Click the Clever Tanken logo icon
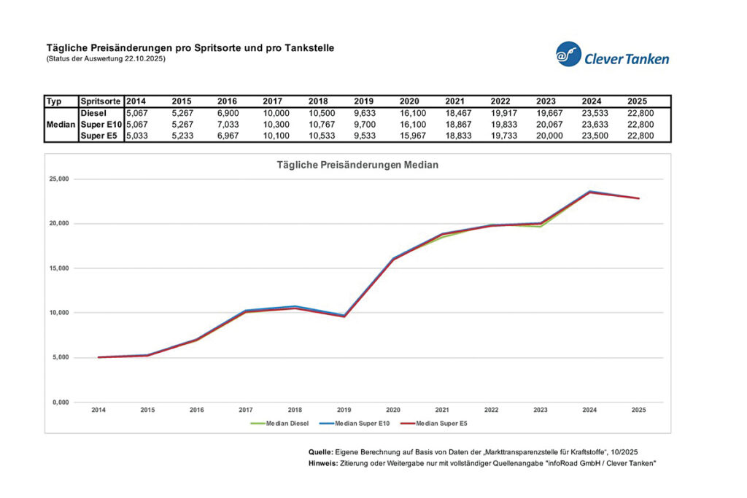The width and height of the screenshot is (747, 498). (568, 54)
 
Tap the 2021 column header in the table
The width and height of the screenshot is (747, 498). (455, 101)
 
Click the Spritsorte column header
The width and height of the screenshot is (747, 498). (101, 101)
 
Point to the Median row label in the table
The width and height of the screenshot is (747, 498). (61, 124)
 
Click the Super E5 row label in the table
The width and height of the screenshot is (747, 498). (101, 135)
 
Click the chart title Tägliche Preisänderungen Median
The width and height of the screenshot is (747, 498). (357, 166)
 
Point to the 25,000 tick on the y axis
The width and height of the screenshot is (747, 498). (58, 179)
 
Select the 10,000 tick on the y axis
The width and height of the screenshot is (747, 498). (58, 313)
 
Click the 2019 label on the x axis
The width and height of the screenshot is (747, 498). (344, 411)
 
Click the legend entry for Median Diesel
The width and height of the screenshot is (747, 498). (279, 422)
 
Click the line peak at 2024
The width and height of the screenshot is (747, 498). (589, 192)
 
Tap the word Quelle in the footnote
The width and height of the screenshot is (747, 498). (322, 453)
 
